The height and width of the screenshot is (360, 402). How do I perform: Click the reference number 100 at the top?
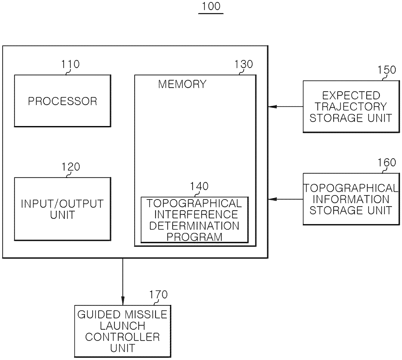[x=211, y=6]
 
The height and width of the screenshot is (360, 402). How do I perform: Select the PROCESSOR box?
[x=63, y=101]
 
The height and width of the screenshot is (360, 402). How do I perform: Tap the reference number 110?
[x=70, y=64]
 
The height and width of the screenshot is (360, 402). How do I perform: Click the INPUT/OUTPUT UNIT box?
[x=63, y=209]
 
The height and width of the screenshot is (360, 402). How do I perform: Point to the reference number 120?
[x=71, y=167]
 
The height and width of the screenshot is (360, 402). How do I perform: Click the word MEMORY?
[x=182, y=84]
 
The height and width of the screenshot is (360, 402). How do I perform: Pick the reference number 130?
[x=244, y=64]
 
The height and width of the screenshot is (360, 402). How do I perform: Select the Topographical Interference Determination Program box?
[x=195, y=220]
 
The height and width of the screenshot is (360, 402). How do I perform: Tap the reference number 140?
[x=199, y=186]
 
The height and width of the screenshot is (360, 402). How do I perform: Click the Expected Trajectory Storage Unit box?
[x=351, y=107]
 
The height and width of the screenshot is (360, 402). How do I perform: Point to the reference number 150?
[x=387, y=70]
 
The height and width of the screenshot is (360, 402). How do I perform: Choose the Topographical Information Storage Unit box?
[x=351, y=199]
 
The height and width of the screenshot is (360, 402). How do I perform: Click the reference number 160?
[x=387, y=163]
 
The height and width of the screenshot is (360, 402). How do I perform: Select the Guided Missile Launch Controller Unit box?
[x=123, y=331]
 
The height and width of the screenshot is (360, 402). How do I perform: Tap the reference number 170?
[x=158, y=295]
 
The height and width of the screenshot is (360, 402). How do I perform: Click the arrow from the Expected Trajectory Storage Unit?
[x=285, y=107]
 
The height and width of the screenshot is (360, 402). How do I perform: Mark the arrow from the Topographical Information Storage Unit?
[x=285, y=199]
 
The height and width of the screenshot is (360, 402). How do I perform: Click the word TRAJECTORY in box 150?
[x=351, y=107]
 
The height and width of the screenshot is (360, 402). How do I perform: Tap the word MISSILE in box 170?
[x=146, y=314]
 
